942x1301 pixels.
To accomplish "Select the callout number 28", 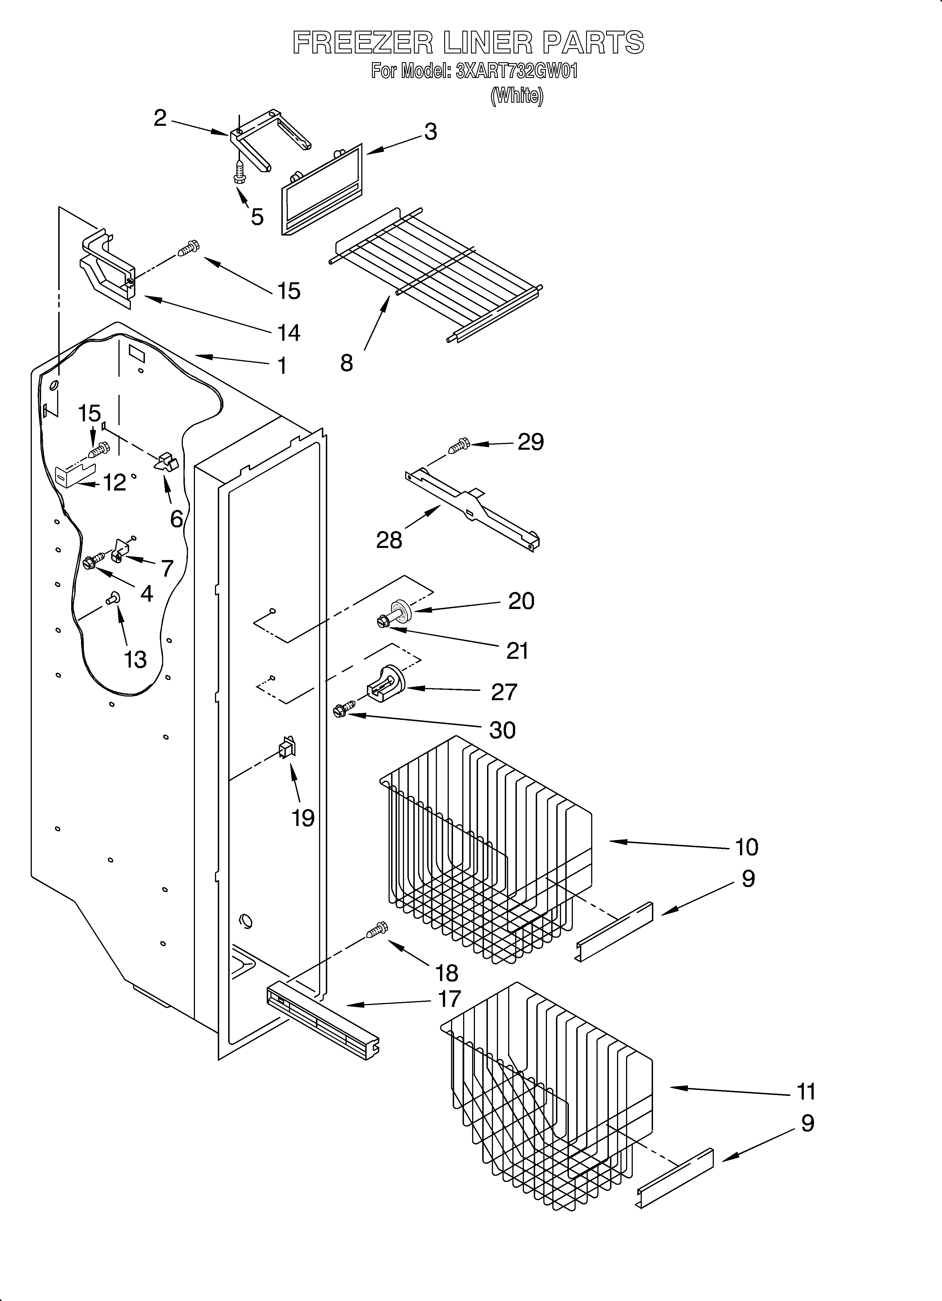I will [x=389, y=540].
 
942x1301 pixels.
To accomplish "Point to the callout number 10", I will [x=746, y=847].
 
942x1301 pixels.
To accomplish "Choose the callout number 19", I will [x=303, y=818].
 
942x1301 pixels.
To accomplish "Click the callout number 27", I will [x=504, y=692].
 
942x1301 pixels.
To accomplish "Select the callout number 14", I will [x=289, y=332].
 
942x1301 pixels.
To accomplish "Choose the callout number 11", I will [x=806, y=1091].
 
